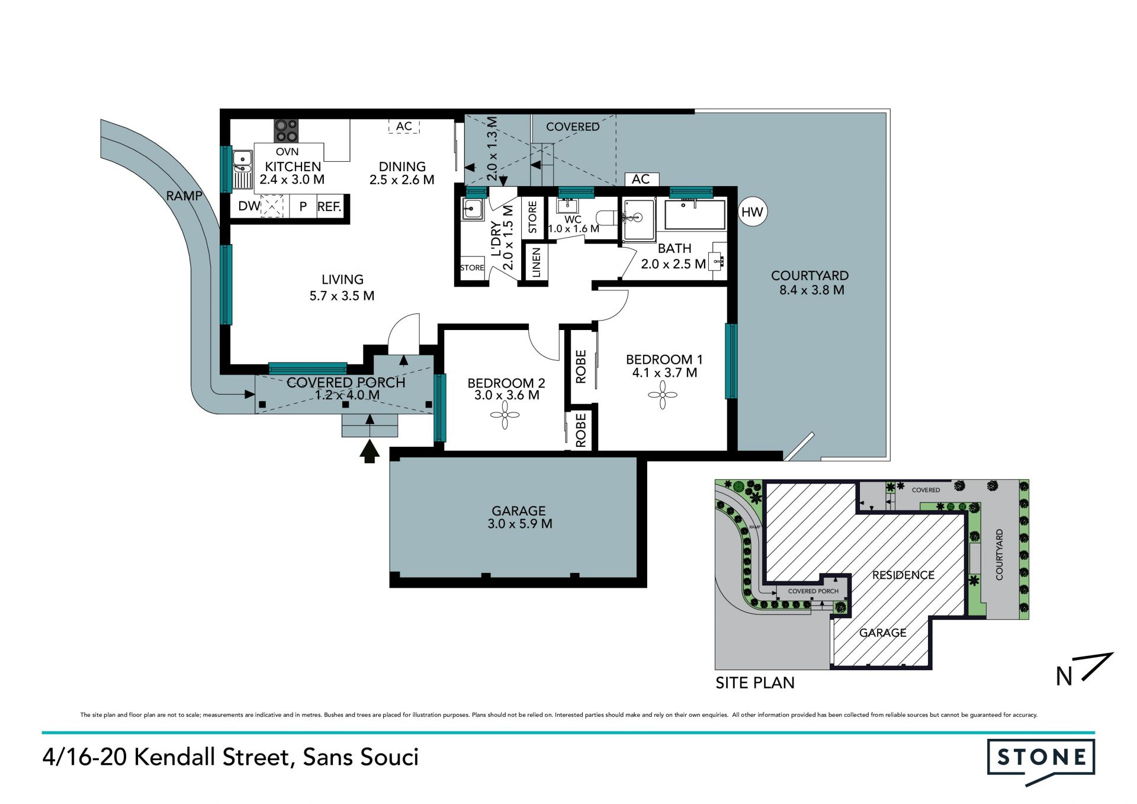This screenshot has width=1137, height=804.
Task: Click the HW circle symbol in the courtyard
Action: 753,212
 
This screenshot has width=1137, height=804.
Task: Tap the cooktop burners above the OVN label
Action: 286,131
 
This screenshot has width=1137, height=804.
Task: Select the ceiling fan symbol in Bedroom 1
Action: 663,395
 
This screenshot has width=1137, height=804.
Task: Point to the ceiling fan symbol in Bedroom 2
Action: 505,415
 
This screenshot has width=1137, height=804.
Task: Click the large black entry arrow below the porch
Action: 370,451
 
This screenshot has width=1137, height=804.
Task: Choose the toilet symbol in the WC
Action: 606,219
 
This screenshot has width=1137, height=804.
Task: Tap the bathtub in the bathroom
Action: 695,214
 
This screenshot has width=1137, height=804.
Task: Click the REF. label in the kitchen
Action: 329,207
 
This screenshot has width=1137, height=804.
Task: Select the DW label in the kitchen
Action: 249,206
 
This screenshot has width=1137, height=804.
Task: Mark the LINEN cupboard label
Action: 536,263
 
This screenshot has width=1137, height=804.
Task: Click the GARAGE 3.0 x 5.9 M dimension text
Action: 519,524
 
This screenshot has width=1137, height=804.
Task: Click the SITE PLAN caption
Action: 755,683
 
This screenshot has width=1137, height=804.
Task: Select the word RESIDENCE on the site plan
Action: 903,575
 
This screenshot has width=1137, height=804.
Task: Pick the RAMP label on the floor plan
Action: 184,196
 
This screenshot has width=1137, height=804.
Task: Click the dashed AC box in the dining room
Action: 404,126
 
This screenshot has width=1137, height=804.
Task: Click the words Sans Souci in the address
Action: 361,757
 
